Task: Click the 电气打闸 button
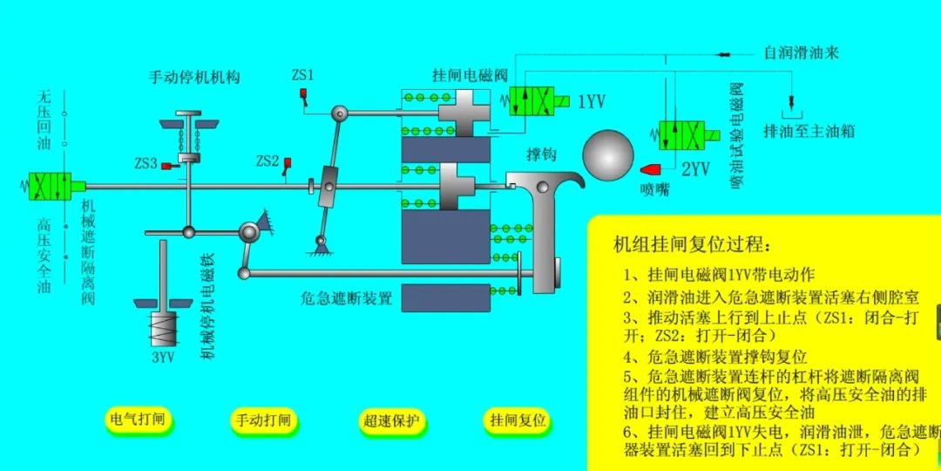click(x=134, y=420)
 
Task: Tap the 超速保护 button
click(x=391, y=420)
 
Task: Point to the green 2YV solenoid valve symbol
click(x=682, y=135)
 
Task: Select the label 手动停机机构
click(x=193, y=77)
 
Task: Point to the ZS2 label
click(x=267, y=161)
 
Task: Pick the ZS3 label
click(x=146, y=163)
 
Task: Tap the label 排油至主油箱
click(x=808, y=131)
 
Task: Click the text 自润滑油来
click(x=801, y=53)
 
